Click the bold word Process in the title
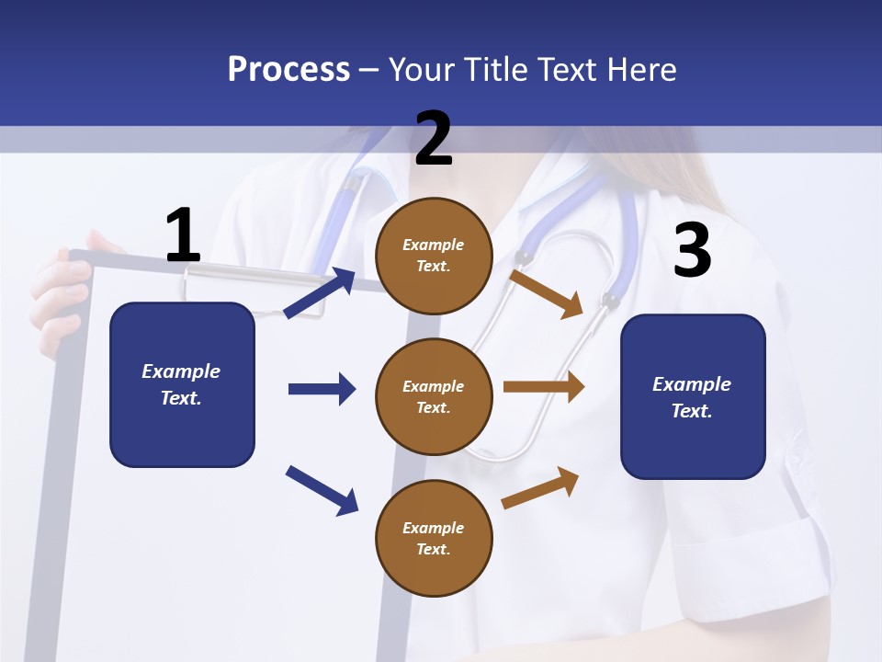(288, 70)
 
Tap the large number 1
(183, 235)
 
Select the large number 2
(434, 139)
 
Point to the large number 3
(692, 250)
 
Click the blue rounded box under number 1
(182, 384)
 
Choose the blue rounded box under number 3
(693, 396)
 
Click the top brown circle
(434, 256)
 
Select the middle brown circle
(434, 396)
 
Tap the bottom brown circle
(434, 538)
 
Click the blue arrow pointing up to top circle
(320, 293)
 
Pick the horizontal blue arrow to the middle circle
(322, 389)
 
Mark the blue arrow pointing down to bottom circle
(322, 489)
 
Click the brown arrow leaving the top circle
(547, 293)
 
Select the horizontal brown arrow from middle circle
(544, 387)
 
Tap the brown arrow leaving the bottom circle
(541, 487)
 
